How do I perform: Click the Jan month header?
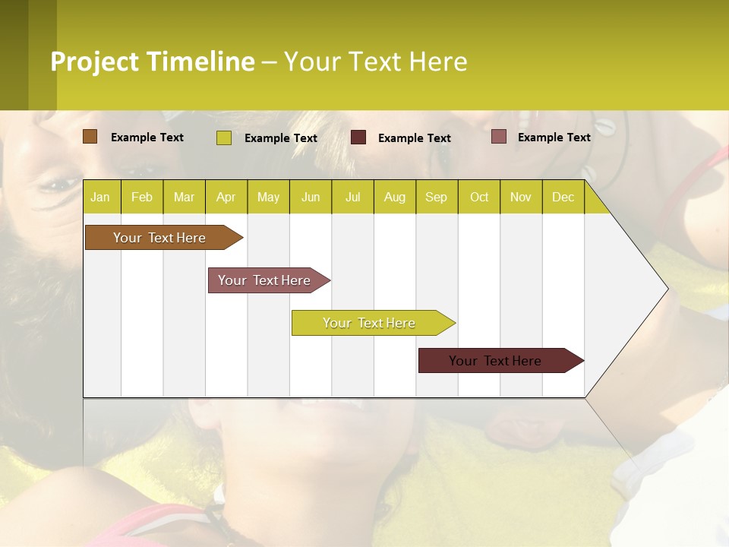coord(100,198)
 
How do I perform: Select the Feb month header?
coord(142,198)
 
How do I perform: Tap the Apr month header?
coord(226,198)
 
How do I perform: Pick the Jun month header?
coord(311,198)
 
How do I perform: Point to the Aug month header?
coord(395,198)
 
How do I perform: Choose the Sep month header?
coord(437,198)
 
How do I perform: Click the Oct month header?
coord(479,198)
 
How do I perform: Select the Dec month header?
coord(563,198)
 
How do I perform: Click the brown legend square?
coord(90,137)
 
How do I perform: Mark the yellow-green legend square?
coord(224,138)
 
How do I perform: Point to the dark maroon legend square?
coord(358,138)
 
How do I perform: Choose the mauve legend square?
coord(499,137)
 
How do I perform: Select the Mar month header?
coord(184,198)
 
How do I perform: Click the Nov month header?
coord(521,198)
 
